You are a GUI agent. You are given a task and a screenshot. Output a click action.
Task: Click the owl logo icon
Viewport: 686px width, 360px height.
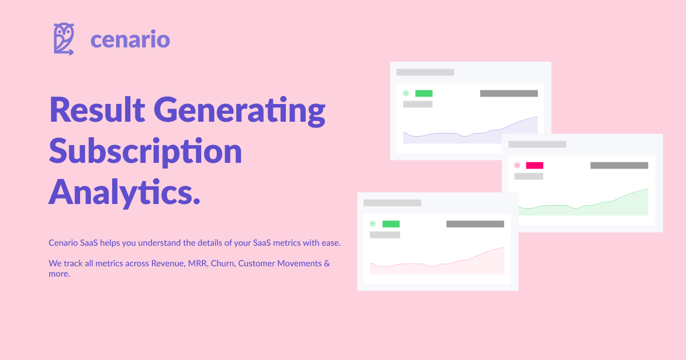[64, 39]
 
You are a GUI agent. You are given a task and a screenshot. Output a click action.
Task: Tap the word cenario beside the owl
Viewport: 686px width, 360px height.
[130, 40]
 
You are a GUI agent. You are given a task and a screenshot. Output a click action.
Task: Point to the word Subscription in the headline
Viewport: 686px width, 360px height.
[146, 151]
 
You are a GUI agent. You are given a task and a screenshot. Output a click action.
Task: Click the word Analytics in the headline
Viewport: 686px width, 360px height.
[124, 191]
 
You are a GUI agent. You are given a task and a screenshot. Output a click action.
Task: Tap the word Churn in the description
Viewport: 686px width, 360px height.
[223, 263]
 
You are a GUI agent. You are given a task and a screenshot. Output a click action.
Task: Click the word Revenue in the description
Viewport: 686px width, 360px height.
[166, 263]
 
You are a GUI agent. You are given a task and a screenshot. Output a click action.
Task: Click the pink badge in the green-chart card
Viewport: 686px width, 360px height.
[535, 165]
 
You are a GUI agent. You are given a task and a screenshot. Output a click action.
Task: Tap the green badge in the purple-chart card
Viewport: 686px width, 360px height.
[424, 93]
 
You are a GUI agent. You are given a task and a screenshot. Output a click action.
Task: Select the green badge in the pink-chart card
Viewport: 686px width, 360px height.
[391, 224]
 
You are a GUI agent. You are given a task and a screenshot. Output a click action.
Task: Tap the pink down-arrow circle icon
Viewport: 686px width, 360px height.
[517, 165]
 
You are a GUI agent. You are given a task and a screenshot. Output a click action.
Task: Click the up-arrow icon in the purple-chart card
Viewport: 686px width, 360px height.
[406, 93]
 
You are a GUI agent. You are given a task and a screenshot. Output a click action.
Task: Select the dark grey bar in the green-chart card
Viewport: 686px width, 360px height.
[619, 165]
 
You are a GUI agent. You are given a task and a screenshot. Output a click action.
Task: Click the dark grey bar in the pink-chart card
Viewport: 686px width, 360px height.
[475, 224]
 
